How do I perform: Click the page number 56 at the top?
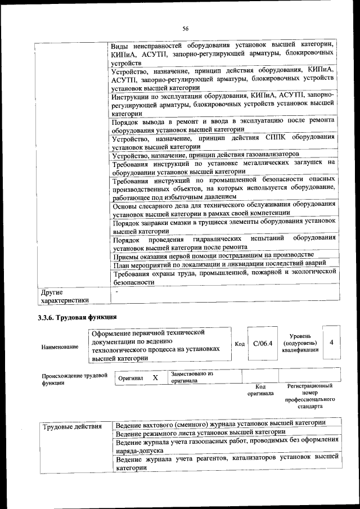(x=185, y=29)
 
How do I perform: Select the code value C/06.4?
(x=262, y=343)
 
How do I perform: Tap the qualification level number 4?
(x=332, y=342)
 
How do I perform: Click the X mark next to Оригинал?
(x=155, y=377)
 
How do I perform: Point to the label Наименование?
(x=60, y=346)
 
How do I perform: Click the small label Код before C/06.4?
(x=238, y=344)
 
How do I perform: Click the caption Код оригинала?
(x=260, y=390)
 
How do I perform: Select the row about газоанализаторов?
(x=206, y=154)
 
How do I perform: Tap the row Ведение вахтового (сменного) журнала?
(x=220, y=424)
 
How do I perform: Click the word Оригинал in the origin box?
(x=130, y=378)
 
